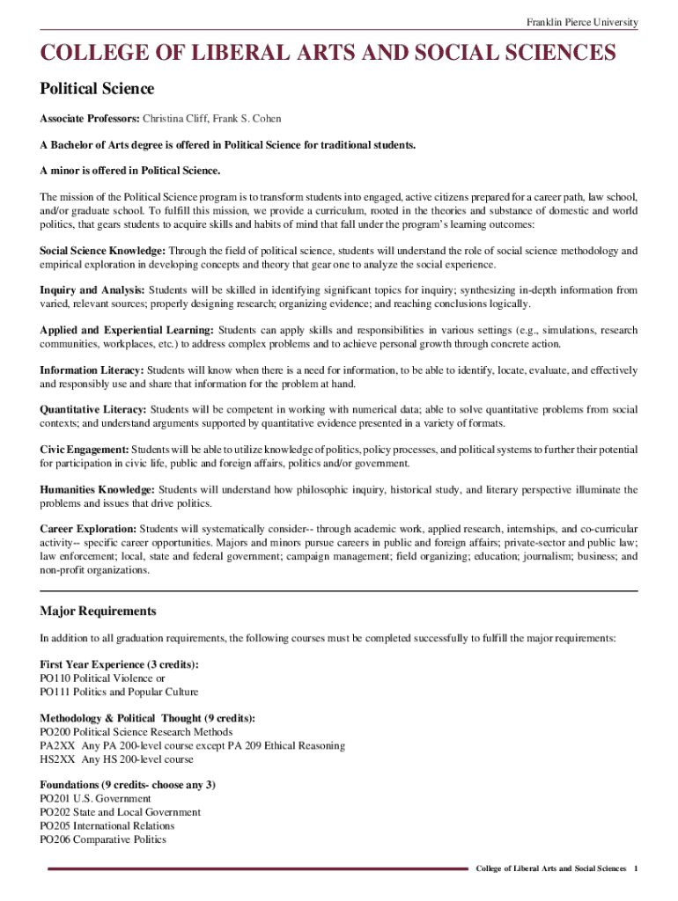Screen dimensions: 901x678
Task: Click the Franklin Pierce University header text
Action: tap(582, 22)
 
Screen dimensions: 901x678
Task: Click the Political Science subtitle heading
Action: tap(97, 89)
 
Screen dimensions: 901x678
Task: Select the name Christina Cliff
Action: tap(174, 118)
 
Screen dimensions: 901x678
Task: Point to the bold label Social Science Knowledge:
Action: tap(102, 251)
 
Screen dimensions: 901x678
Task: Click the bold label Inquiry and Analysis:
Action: tap(92, 289)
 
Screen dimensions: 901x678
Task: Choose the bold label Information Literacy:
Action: tap(92, 370)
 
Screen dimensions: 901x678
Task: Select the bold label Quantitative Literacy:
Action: tap(93, 409)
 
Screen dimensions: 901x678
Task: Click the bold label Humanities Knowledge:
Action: tap(97, 489)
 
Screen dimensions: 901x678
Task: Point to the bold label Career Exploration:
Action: tap(88, 529)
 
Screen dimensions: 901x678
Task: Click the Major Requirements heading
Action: tap(98, 611)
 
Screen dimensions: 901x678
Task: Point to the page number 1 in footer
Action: tap(635, 868)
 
